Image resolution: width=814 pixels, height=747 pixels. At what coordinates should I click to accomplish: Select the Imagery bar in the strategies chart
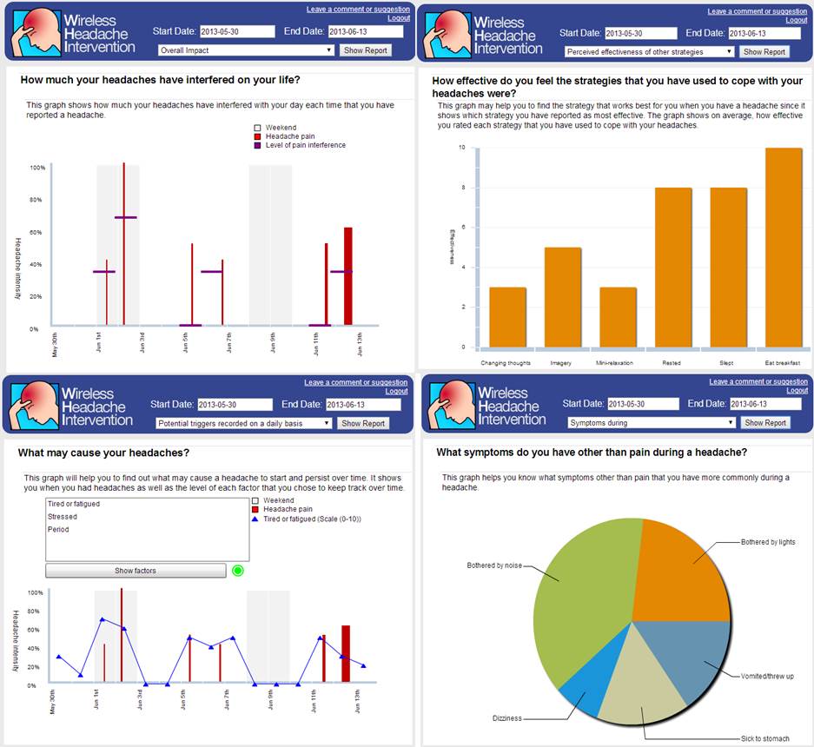click(563, 297)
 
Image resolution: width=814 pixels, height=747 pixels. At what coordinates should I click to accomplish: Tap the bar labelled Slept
click(728, 268)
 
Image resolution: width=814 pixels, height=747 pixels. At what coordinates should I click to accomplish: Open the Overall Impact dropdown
click(246, 50)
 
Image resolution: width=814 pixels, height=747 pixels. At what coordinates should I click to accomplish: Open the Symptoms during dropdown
click(652, 423)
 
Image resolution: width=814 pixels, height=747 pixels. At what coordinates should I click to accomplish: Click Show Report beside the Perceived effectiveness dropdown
click(764, 51)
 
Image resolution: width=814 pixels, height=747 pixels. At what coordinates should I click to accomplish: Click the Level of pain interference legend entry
click(306, 145)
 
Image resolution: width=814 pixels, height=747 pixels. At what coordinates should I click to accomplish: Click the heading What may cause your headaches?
click(103, 453)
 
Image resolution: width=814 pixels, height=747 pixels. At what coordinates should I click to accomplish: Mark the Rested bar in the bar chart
click(673, 268)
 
